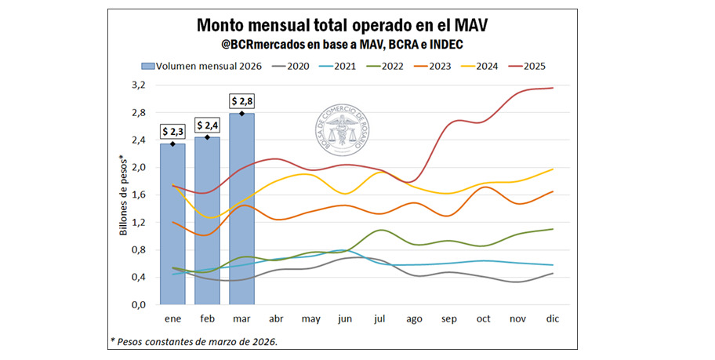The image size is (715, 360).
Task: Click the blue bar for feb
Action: point(208,220)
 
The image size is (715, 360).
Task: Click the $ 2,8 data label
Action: point(241,101)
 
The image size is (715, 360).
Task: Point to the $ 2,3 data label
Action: point(173,131)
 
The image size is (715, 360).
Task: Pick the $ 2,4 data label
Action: point(208,125)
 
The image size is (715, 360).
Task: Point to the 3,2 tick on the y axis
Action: point(138,85)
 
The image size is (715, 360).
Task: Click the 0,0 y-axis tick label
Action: point(138,304)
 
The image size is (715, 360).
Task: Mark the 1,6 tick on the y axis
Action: point(138,195)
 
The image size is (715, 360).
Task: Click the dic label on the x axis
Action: point(552,319)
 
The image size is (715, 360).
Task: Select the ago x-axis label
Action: point(415,319)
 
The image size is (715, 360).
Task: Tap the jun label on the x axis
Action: point(346,319)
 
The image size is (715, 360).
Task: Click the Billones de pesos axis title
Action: point(124,195)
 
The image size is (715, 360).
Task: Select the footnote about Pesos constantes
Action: point(194,341)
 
